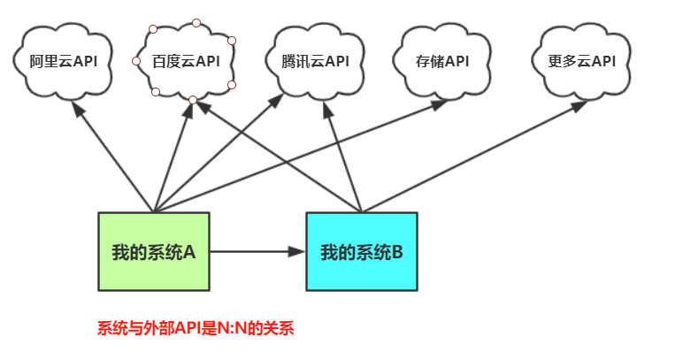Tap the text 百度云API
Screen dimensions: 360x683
(x=186, y=61)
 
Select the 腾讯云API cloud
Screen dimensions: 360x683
(x=315, y=61)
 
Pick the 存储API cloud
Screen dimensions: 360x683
(x=441, y=61)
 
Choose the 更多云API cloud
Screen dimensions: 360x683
(x=580, y=61)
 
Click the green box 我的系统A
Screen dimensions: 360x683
(x=154, y=251)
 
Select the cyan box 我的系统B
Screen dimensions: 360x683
(x=362, y=251)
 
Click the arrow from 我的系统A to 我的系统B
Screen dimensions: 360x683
(x=257, y=251)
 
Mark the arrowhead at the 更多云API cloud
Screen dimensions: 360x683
(x=579, y=105)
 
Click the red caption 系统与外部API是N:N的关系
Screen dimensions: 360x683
(x=195, y=328)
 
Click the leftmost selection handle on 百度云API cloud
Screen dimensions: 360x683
(x=136, y=61)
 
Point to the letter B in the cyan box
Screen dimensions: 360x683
(x=397, y=252)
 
